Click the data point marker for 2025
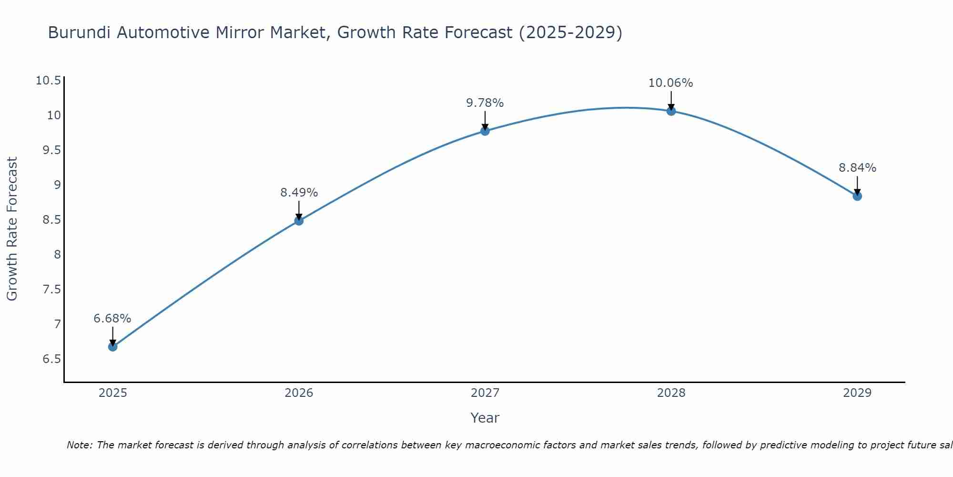pos(112,347)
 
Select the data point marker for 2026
pos(299,221)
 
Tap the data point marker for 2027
pos(485,131)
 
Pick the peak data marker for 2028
pos(671,111)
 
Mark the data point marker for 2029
pos(857,196)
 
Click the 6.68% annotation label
pos(112,319)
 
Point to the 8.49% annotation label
pos(299,193)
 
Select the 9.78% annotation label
pos(485,103)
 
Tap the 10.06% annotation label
pos(671,83)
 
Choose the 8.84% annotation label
pos(857,168)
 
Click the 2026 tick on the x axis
pos(299,393)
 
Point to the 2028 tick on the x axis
pos(671,393)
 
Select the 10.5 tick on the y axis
pos(49,81)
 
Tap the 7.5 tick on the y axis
pos(52,290)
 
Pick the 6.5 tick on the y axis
pos(52,359)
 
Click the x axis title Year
pos(485,418)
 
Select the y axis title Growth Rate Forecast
pos(12,229)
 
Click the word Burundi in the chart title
pos(80,33)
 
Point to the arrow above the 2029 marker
pos(857,185)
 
